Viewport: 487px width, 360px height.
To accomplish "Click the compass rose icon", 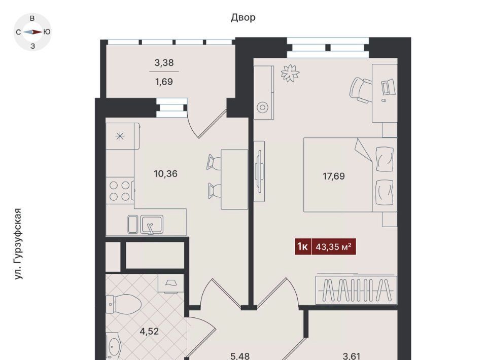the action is tap(32, 32).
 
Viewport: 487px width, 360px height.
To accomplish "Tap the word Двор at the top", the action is tap(243, 17).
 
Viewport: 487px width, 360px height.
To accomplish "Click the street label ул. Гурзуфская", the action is tap(18, 243).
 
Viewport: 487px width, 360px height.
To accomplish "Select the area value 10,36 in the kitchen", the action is tap(165, 173).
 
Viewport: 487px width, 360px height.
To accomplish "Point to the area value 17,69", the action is tap(334, 176).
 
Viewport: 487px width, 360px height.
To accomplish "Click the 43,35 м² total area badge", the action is tap(334, 247).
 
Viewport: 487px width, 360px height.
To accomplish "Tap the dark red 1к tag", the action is tap(303, 247).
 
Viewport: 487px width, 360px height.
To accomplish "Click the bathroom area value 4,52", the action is tap(149, 332).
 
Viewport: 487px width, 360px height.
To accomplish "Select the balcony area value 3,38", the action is tap(164, 63).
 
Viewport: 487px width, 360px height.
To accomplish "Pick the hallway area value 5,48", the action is tap(240, 356).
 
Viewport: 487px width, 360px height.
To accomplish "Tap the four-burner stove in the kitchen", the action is tap(120, 191).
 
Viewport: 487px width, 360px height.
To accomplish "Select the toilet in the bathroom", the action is tap(124, 304).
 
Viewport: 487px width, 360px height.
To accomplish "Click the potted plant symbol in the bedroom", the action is tap(290, 73).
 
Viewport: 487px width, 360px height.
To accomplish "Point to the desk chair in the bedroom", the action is tap(361, 90).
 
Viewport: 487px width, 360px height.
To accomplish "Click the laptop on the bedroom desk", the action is tap(389, 87).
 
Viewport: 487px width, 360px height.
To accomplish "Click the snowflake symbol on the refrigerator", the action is tap(120, 136).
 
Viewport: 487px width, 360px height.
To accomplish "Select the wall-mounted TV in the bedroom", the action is tap(259, 171).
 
